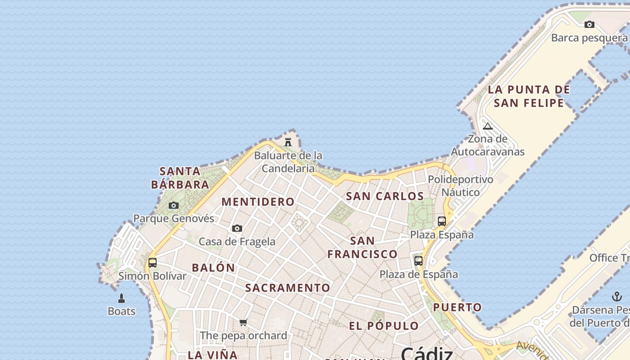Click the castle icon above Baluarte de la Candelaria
288,142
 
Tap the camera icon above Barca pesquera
589,25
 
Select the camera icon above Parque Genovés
174,206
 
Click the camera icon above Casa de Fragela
237,229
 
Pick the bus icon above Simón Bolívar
153,263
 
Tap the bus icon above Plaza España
442,221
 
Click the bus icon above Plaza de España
418,261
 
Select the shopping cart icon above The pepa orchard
243,322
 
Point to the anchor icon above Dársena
616,297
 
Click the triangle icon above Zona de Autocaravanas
488,126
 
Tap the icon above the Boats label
121,298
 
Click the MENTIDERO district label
258,202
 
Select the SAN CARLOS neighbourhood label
385,196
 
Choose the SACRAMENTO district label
288,288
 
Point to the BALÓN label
213,268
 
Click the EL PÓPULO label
384,326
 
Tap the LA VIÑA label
212,355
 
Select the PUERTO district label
457,308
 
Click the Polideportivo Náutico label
460,186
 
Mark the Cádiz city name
427,353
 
